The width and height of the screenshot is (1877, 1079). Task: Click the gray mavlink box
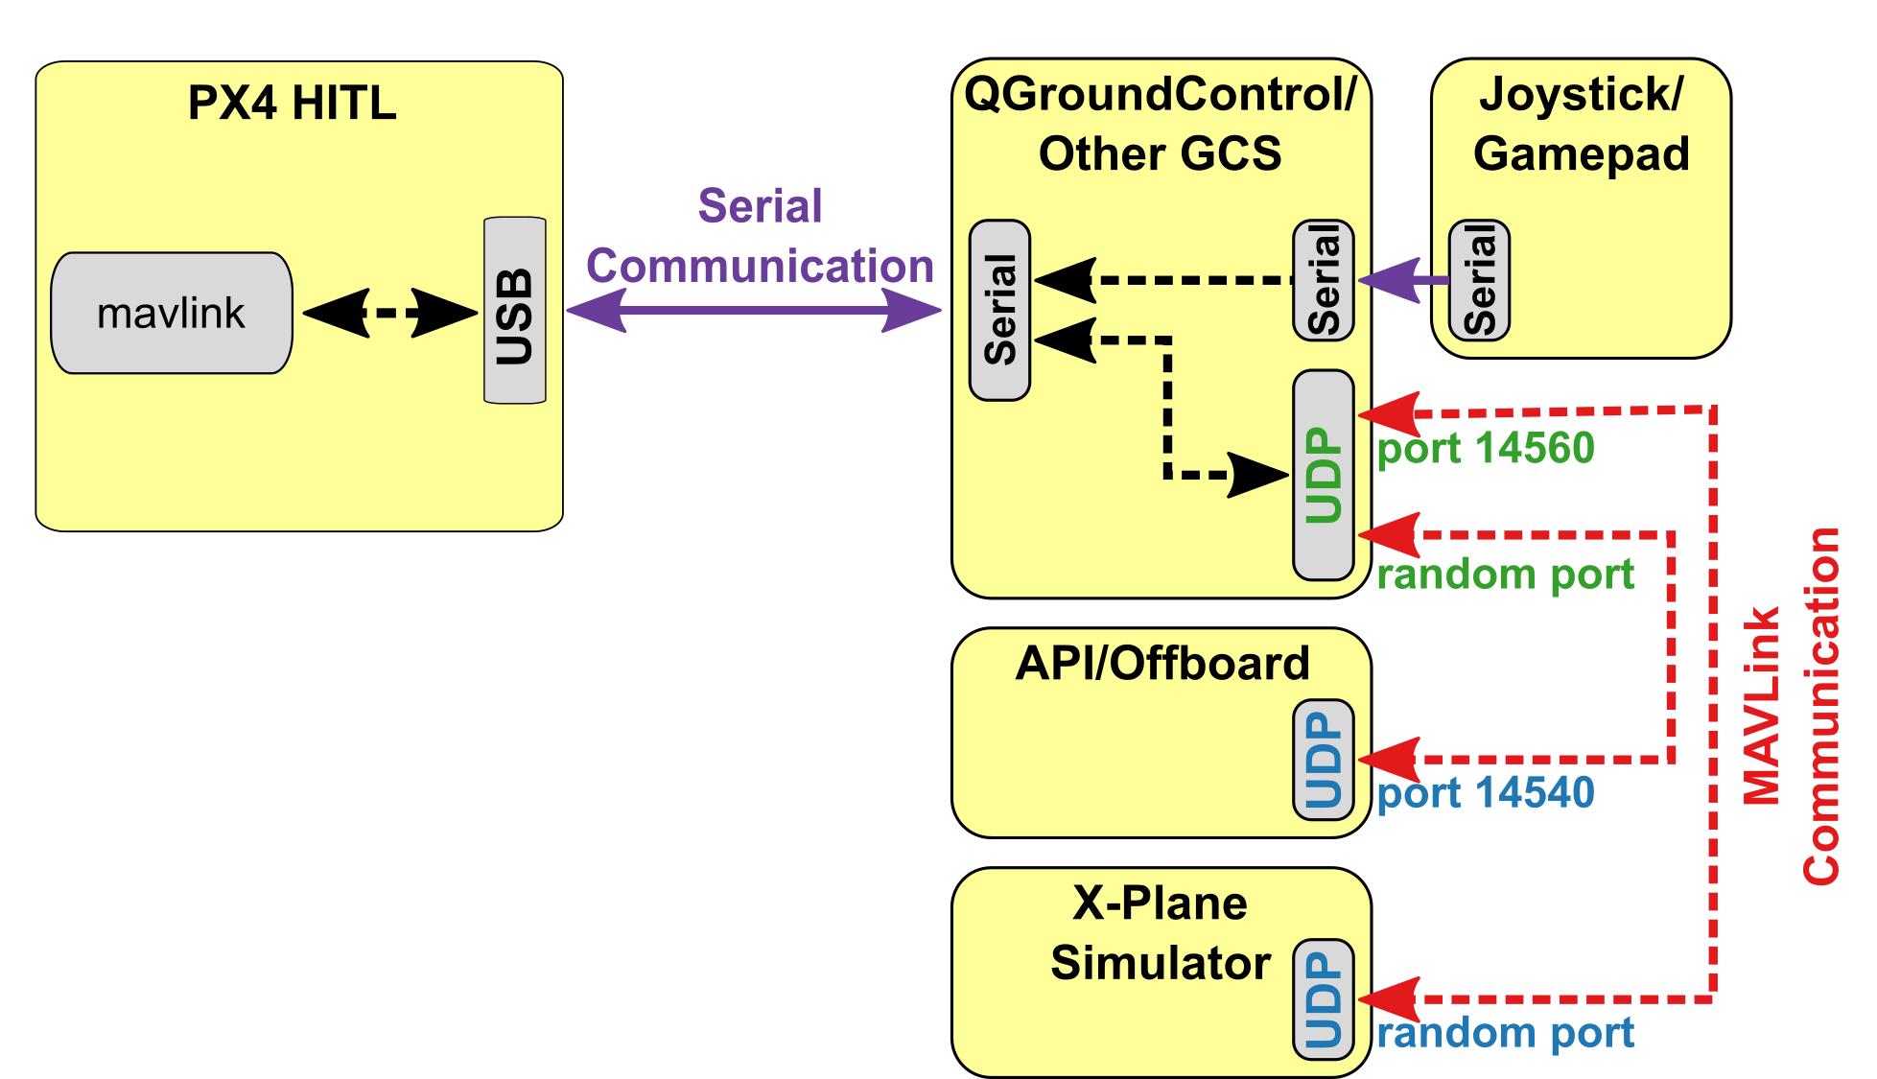[x=171, y=313]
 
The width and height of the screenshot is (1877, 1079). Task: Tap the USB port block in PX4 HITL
[x=514, y=311]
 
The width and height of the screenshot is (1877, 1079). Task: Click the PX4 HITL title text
[x=292, y=103]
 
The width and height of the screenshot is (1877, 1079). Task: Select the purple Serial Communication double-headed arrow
[x=753, y=310]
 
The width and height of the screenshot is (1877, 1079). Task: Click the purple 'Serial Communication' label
[x=760, y=236]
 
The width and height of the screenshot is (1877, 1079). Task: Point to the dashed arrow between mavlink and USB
[x=389, y=313]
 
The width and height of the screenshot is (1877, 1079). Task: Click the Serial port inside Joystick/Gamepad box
[x=1478, y=280]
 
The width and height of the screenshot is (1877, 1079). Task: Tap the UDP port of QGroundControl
[x=1323, y=475]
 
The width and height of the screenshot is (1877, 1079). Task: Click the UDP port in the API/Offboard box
[x=1323, y=760]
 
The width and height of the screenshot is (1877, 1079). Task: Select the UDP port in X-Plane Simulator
[x=1323, y=999]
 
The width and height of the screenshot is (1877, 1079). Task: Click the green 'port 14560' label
[x=1485, y=448]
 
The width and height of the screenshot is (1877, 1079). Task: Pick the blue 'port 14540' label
[x=1485, y=793]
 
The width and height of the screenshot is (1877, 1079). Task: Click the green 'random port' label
[x=1504, y=575]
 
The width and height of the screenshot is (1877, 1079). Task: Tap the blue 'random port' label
[x=1504, y=1033]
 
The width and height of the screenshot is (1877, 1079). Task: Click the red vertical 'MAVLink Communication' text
[x=1791, y=705]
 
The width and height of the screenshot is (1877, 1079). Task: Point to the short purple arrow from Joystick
[x=1402, y=280]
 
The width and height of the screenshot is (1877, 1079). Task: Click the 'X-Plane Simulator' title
[x=1160, y=932]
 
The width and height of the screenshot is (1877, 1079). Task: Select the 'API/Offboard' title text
[x=1161, y=663]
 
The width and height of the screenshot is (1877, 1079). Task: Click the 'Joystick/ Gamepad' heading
[x=1581, y=124]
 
